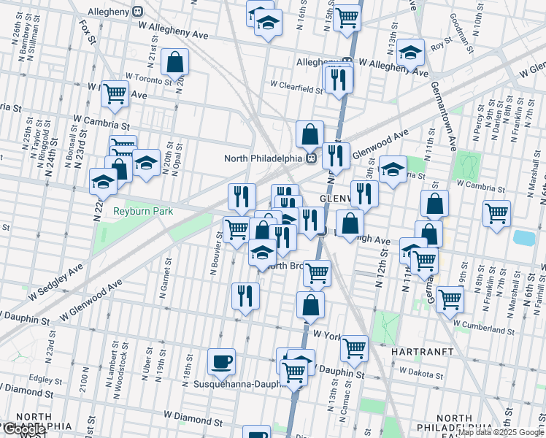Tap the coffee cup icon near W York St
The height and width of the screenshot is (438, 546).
coord(221,361)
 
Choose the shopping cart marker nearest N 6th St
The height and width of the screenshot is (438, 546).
coord(496,213)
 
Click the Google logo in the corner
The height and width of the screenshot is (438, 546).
coord(23,430)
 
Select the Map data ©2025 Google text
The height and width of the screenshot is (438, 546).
coord(501,432)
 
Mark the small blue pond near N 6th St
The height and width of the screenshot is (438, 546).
coord(523,237)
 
